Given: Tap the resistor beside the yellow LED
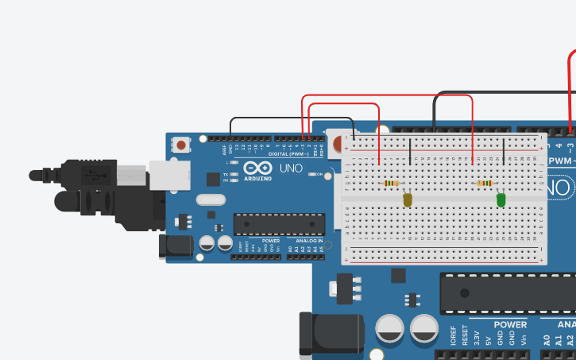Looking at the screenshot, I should click(390, 184).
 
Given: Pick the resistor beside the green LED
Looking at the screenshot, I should click(484, 184).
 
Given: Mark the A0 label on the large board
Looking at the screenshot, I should click(547, 340).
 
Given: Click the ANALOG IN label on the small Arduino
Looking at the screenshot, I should click(308, 240).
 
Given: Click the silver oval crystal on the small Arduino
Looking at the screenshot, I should click(210, 200).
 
